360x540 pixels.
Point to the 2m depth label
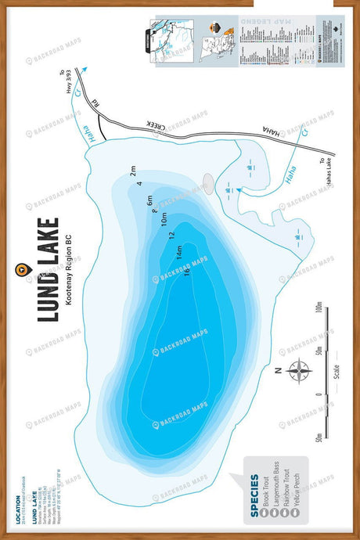tap(134, 169)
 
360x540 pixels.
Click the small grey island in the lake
tap(208, 182)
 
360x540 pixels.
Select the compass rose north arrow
tap(299, 370)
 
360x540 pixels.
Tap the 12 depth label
tap(171, 235)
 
